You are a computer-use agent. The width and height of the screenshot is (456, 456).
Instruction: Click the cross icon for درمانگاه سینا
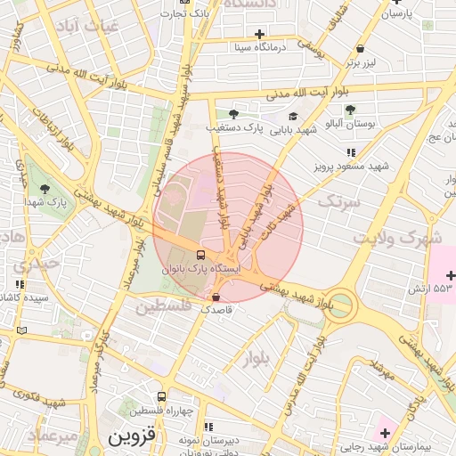(259, 34)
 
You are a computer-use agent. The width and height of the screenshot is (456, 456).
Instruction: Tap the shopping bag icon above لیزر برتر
(360, 49)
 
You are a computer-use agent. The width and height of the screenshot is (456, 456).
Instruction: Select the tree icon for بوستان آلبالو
(350, 110)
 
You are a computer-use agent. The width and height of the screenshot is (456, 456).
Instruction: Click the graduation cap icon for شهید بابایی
(293, 117)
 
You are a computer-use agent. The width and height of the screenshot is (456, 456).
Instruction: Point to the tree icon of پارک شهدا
(45, 188)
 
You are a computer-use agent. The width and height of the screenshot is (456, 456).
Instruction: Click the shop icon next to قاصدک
(216, 297)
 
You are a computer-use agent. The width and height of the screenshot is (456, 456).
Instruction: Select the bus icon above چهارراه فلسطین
(161, 396)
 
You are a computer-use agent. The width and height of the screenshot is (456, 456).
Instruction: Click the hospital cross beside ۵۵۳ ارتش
(450, 275)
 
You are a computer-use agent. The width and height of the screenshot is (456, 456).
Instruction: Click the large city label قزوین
(132, 438)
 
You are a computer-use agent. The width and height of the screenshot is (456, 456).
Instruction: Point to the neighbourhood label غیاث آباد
(86, 26)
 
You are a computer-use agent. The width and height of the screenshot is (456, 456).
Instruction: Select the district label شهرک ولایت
(397, 239)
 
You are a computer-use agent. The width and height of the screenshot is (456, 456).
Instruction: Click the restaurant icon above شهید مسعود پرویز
(338, 153)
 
